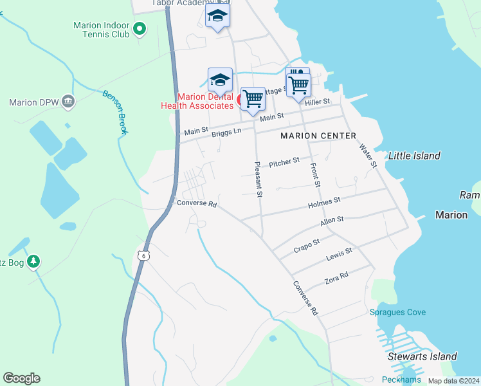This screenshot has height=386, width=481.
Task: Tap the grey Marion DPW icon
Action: [68, 102]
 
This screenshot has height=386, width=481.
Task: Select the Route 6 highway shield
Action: [143, 255]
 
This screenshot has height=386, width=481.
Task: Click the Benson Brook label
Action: [115, 111]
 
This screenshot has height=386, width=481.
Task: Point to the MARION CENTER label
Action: [318, 136]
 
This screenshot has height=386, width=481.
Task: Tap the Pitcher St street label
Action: [284, 161]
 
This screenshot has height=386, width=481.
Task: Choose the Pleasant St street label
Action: [259, 179]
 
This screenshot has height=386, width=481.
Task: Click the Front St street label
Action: [315, 175]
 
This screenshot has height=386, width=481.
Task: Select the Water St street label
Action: [367, 156]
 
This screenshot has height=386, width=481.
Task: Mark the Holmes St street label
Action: [324, 202]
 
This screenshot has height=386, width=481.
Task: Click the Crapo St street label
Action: [307, 245]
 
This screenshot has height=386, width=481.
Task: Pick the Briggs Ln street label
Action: [227, 131]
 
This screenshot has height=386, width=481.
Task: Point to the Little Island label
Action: [414, 156]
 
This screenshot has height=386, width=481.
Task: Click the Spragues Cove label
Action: [397, 313]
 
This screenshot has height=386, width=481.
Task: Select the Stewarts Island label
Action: [422, 356]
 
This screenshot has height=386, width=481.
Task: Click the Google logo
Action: [21, 378]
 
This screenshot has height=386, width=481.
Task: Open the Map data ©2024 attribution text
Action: [454, 381]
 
